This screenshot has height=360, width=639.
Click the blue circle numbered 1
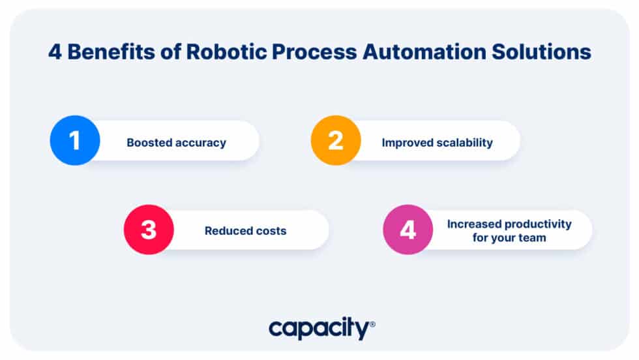click(x=75, y=140)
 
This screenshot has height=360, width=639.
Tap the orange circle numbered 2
click(x=335, y=140)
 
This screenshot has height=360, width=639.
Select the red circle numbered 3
click(x=149, y=230)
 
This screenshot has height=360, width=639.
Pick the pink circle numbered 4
click(x=408, y=230)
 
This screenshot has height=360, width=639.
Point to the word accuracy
click(x=200, y=143)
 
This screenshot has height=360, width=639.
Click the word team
click(x=533, y=238)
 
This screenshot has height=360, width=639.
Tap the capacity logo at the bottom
click(x=321, y=329)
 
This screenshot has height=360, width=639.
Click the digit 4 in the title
click(x=55, y=52)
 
